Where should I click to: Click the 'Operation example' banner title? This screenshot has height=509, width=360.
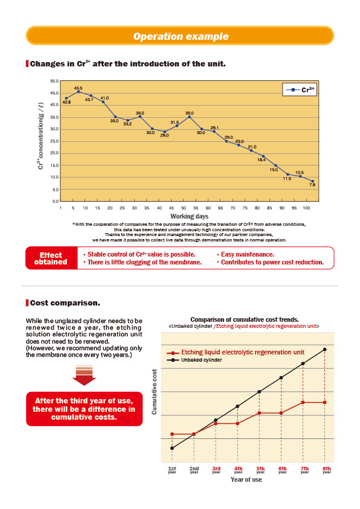point(181,36)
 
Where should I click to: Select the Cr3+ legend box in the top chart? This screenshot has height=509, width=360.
point(300,89)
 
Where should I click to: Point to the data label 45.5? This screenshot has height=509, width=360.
point(79,88)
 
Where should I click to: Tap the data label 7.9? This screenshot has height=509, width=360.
point(312,185)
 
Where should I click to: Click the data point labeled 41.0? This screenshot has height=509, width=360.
point(103,102)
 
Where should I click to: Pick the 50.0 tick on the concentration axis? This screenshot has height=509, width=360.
point(54,81)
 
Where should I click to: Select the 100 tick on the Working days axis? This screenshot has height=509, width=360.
point(306,208)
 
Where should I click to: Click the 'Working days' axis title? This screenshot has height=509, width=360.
point(189,216)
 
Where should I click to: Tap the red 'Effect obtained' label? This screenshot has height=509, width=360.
point(51,258)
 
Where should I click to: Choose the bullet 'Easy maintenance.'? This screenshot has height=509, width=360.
point(246,255)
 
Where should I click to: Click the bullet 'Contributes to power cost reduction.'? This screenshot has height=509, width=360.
point(271,262)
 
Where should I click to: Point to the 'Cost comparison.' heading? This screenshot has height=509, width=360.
point(65,303)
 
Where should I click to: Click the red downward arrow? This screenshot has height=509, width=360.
point(84,376)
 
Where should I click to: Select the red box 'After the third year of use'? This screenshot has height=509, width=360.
point(85,409)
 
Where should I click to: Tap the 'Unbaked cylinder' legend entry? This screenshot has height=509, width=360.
point(194,360)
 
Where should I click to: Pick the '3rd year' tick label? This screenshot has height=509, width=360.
point(216,470)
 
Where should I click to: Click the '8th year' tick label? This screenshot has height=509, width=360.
point(327,470)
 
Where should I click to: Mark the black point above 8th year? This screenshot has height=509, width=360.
point(324,350)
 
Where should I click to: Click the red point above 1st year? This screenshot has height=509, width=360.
point(172,434)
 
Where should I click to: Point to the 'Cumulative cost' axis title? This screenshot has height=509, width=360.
point(154,391)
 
